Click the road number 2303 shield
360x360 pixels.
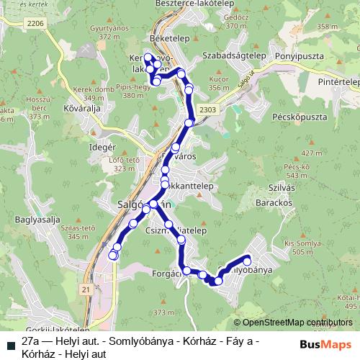click(207, 109)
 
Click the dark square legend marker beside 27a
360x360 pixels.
click(9, 342)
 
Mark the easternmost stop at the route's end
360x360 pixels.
click(248, 261)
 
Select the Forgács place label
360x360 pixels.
click(167, 274)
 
